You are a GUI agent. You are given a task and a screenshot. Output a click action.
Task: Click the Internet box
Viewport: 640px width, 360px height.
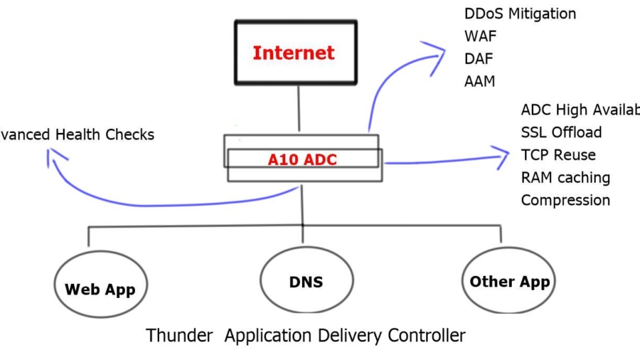(x=295, y=53)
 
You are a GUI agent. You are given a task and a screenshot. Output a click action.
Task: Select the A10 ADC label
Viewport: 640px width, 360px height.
(x=302, y=160)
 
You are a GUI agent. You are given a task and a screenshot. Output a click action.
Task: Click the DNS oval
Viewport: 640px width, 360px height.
(x=306, y=281)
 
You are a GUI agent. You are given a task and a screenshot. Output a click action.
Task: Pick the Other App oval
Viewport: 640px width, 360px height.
(x=509, y=282)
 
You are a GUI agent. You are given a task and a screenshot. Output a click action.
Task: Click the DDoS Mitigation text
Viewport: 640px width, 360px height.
(x=520, y=14)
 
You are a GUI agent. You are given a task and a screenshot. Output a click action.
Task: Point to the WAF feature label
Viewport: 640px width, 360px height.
(x=480, y=35)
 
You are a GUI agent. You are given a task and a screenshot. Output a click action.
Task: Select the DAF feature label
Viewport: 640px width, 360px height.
(x=479, y=58)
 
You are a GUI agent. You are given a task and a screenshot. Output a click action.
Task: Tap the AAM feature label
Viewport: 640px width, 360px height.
(x=481, y=80)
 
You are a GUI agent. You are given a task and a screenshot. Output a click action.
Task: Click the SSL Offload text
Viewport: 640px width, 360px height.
(x=561, y=132)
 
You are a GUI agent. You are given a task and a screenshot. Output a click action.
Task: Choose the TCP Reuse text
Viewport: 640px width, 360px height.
(x=558, y=155)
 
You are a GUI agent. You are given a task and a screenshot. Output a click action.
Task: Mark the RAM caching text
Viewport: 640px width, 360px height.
(x=565, y=178)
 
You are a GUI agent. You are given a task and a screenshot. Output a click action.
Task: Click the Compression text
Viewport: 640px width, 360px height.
(x=565, y=200)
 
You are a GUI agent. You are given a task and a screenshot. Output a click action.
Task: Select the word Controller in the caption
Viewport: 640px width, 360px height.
(x=427, y=335)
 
